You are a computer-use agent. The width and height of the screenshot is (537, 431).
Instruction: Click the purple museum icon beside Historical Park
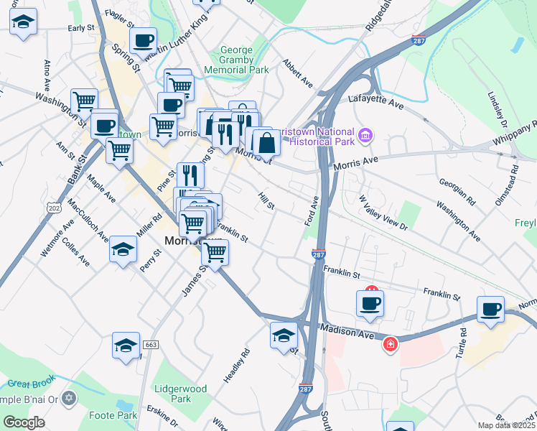366,135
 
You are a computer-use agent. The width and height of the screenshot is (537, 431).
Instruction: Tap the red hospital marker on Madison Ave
390,345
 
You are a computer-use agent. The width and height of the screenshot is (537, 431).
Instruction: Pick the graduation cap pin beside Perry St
123,250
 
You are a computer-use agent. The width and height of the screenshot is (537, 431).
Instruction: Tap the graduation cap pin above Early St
24,22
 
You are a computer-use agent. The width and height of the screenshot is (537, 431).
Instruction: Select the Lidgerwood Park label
180,394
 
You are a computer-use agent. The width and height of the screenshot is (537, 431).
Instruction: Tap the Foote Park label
113,415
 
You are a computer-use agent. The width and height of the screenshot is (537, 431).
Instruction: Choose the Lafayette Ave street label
375,101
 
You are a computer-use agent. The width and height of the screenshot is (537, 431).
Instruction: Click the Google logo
24,422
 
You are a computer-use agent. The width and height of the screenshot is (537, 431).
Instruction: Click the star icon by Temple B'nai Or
70,397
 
